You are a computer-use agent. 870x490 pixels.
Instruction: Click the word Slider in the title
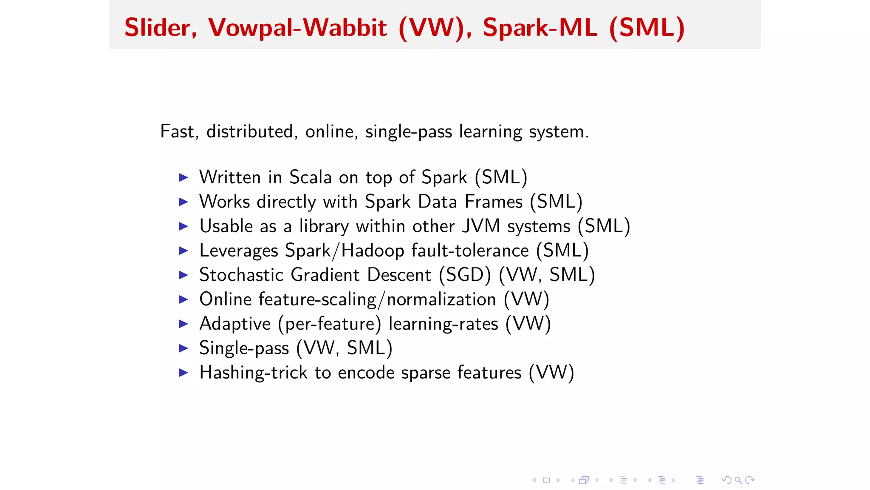157,28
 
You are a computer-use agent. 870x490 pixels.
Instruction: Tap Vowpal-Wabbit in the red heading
297,28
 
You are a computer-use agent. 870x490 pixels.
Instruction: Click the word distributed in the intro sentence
250,131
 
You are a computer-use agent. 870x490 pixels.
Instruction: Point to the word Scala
310,177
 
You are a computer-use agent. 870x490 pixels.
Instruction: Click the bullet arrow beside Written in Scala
184,177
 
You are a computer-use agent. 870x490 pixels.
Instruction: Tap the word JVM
481,226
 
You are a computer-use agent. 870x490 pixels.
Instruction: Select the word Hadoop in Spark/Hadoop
373,251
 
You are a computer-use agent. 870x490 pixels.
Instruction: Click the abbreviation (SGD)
465,275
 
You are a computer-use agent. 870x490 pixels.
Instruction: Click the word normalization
441,299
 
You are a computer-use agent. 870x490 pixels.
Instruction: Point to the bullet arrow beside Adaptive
184,324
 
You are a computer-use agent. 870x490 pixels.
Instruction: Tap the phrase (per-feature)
330,324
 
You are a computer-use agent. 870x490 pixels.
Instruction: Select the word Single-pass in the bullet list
244,348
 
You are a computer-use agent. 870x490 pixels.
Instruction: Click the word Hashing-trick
253,373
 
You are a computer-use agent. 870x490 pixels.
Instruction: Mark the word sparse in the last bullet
426,373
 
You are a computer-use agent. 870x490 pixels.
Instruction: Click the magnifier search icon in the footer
738,480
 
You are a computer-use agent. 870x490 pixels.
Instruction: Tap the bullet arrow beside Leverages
184,251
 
